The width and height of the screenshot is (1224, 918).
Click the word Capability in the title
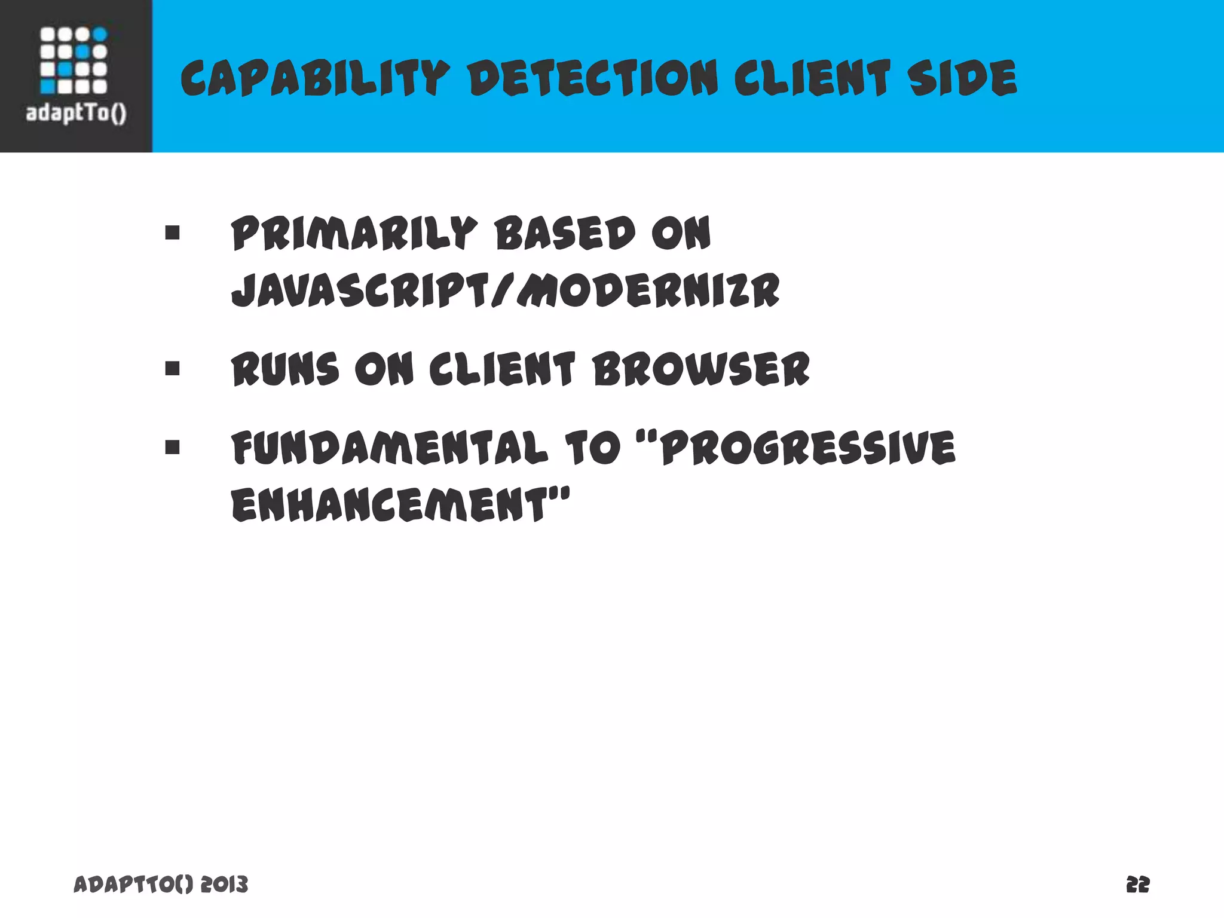point(314,79)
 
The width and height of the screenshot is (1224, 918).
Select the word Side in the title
point(962,79)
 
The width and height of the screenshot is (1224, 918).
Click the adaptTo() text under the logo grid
point(76,113)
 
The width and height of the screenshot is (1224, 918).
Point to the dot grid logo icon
point(74,60)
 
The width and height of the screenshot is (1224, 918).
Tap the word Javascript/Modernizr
point(506,291)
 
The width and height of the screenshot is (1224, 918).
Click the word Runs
point(286,369)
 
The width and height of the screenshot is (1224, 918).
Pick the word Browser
point(701,369)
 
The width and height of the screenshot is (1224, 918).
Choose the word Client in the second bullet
point(502,369)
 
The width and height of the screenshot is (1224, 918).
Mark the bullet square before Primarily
point(173,232)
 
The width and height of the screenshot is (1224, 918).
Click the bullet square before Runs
point(173,368)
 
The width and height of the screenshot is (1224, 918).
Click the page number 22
point(1137,884)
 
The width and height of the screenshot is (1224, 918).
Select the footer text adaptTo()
point(133,884)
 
